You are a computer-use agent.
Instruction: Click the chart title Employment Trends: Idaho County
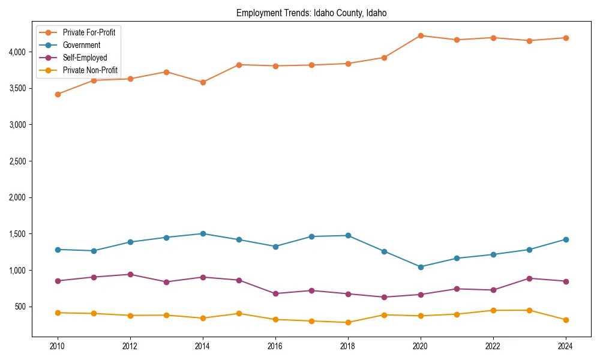pyautogui.click(x=311, y=13)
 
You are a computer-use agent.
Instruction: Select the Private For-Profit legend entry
pyautogui.click(x=89, y=32)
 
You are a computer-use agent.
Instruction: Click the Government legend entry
pyautogui.click(x=81, y=45)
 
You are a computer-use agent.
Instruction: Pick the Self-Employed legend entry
pyautogui.click(x=85, y=58)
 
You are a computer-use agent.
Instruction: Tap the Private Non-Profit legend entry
pyautogui.click(x=90, y=70)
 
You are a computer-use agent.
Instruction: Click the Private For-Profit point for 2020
pyautogui.click(x=421, y=36)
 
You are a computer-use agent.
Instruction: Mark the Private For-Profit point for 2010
pyautogui.click(x=58, y=94)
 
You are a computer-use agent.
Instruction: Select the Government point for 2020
pyautogui.click(x=421, y=267)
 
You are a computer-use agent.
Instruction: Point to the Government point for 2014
pyautogui.click(x=203, y=234)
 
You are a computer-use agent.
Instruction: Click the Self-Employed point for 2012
pyautogui.click(x=130, y=274)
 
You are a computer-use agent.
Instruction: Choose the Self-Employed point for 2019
pyautogui.click(x=384, y=297)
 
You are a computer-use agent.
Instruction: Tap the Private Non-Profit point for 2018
pyautogui.click(x=348, y=322)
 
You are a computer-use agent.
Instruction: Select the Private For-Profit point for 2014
pyautogui.click(x=203, y=82)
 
